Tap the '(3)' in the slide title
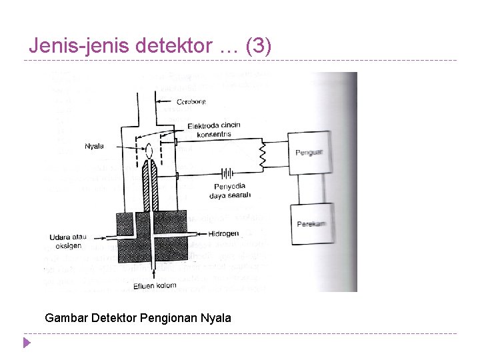click(259, 46)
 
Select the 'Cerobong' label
click(193, 102)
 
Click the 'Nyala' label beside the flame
click(94, 146)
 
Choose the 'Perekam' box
click(311, 224)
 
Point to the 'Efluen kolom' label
click(155, 286)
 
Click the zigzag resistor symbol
click(262, 155)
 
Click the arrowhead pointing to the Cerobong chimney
click(158, 102)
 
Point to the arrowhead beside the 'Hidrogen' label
click(201, 234)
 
